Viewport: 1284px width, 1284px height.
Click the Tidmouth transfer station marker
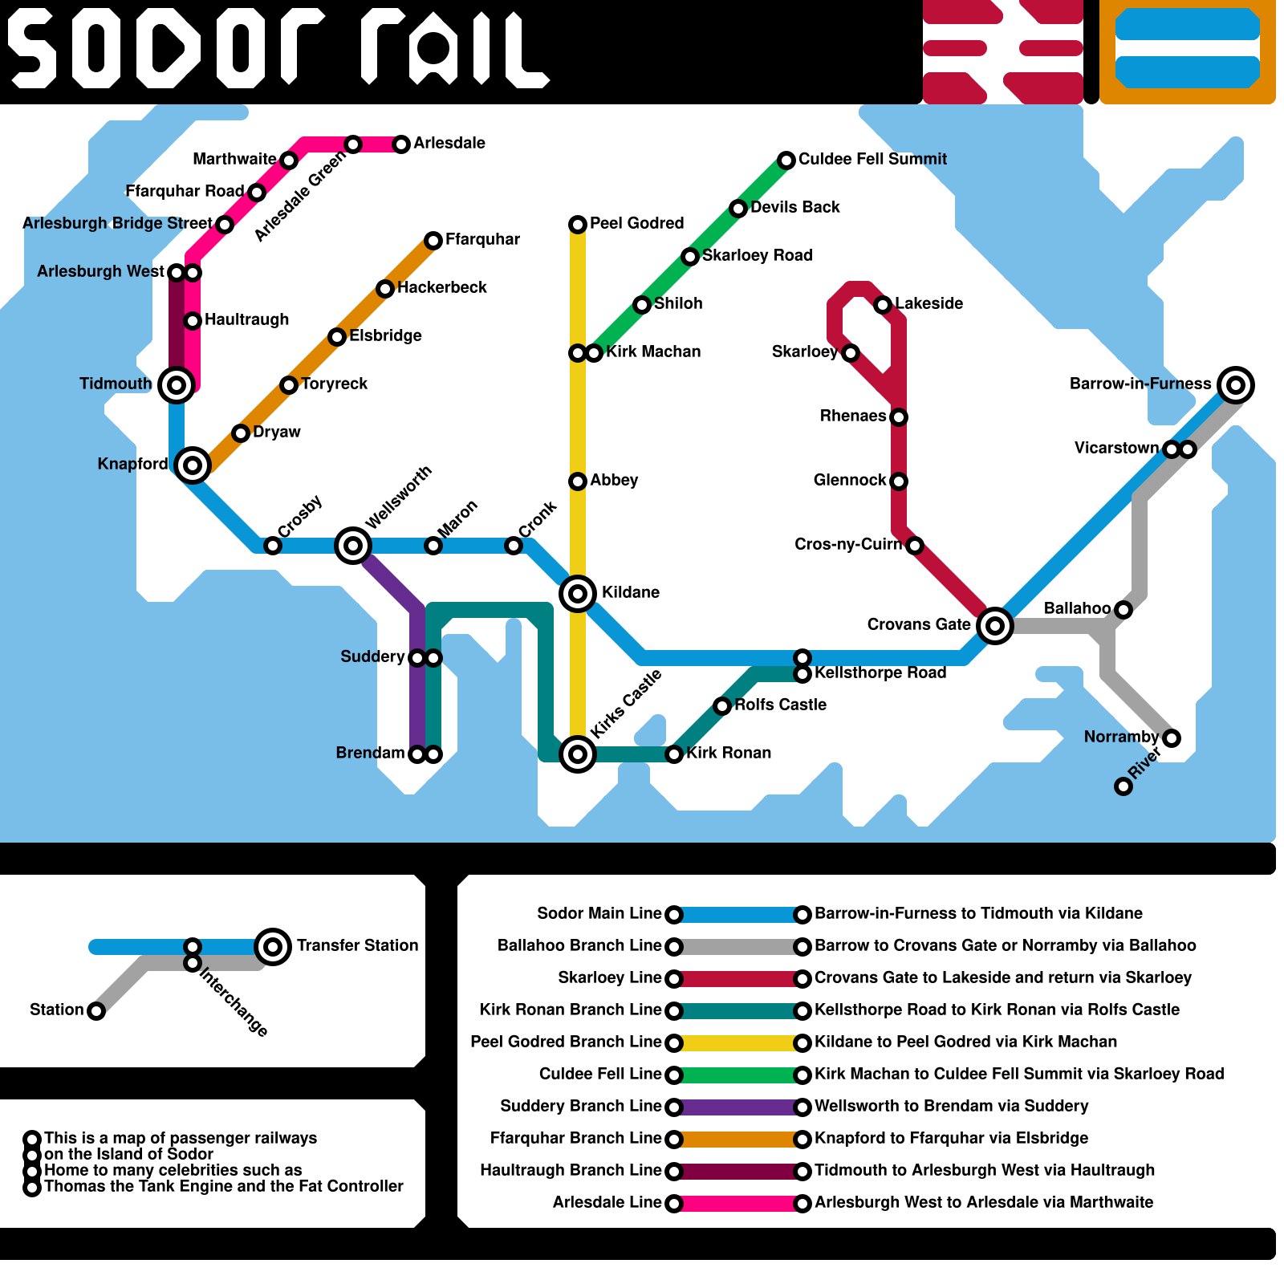pyautogui.click(x=177, y=385)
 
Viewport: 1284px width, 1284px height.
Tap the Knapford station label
pyautogui.click(x=132, y=465)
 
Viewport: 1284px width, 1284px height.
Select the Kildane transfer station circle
pyautogui.click(x=578, y=594)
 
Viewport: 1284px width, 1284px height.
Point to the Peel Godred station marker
pyautogui.click(x=578, y=225)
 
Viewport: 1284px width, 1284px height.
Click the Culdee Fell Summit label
pyautogui.click(x=872, y=160)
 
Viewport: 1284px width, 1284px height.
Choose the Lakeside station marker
pyautogui.click(x=883, y=305)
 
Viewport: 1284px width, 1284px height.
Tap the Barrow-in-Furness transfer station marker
pyautogui.click(x=1236, y=385)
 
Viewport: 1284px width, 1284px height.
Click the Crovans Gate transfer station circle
pyautogui.click(x=995, y=626)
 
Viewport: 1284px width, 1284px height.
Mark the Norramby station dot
pyautogui.click(x=1172, y=738)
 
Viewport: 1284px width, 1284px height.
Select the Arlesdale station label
pyautogui.click(x=449, y=144)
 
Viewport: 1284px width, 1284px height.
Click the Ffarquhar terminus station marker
pyautogui.click(x=433, y=241)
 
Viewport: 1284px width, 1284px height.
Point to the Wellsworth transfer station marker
pyautogui.click(x=353, y=546)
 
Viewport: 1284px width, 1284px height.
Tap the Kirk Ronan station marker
pyautogui.click(x=674, y=754)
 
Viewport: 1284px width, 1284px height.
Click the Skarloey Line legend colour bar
pyautogui.click(x=738, y=979)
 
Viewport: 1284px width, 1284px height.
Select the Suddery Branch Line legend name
pyautogui.click(x=580, y=1107)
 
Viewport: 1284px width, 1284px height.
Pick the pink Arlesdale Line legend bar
pyautogui.click(x=738, y=1204)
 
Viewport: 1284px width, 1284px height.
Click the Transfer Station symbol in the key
pyautogui.click(x=273, y=947)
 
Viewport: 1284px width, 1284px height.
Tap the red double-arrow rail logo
pyautogui.click(x=1003, y=52)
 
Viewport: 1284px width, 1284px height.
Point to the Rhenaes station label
pyautogui.click(x=853, y=416)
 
